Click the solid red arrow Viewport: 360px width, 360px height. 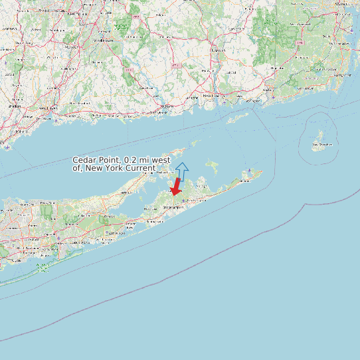(x=176, y=187)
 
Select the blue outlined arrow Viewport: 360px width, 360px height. (x=183, y=171)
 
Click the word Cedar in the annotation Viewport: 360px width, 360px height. (x=85, y=160)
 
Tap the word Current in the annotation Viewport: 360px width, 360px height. (x=137, y=168)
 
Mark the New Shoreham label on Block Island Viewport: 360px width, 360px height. (x=321, y=144)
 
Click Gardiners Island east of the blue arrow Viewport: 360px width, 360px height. (x=213, y=164)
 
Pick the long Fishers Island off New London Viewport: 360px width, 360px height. (x=240, y=117)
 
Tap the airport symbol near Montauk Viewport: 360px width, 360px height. (x=249, y=171)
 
